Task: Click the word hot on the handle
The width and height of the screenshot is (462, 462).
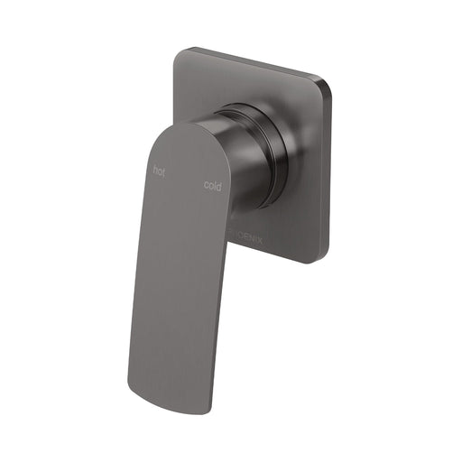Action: point(160,170)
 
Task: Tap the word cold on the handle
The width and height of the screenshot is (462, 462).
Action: point(213,187)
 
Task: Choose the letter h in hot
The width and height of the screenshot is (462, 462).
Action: point(155,169)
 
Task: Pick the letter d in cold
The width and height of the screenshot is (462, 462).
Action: point(219,188)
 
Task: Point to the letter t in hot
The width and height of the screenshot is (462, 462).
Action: point(164,171)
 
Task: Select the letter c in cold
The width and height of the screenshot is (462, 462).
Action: point(207,186)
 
